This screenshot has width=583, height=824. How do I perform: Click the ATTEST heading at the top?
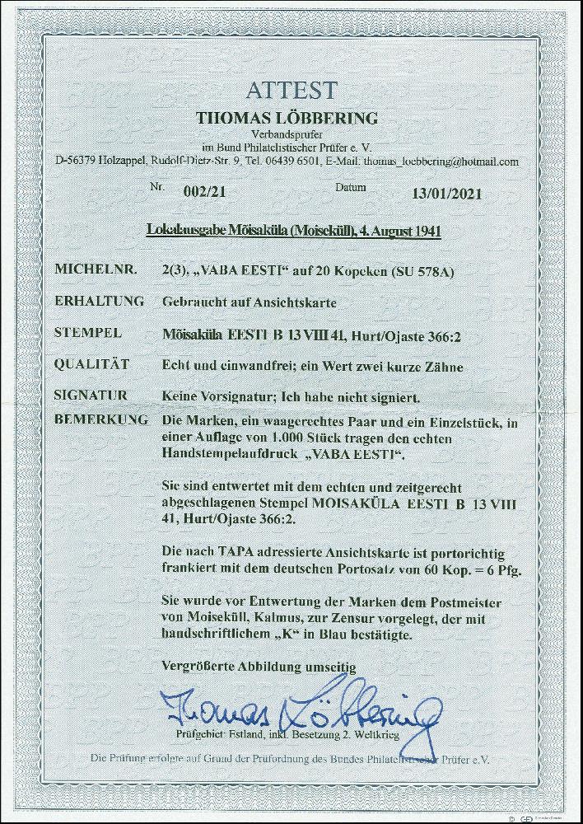(291, 90)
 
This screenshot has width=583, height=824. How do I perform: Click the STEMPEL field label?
(87, 333)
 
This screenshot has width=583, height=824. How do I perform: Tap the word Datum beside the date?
(351, 188)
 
